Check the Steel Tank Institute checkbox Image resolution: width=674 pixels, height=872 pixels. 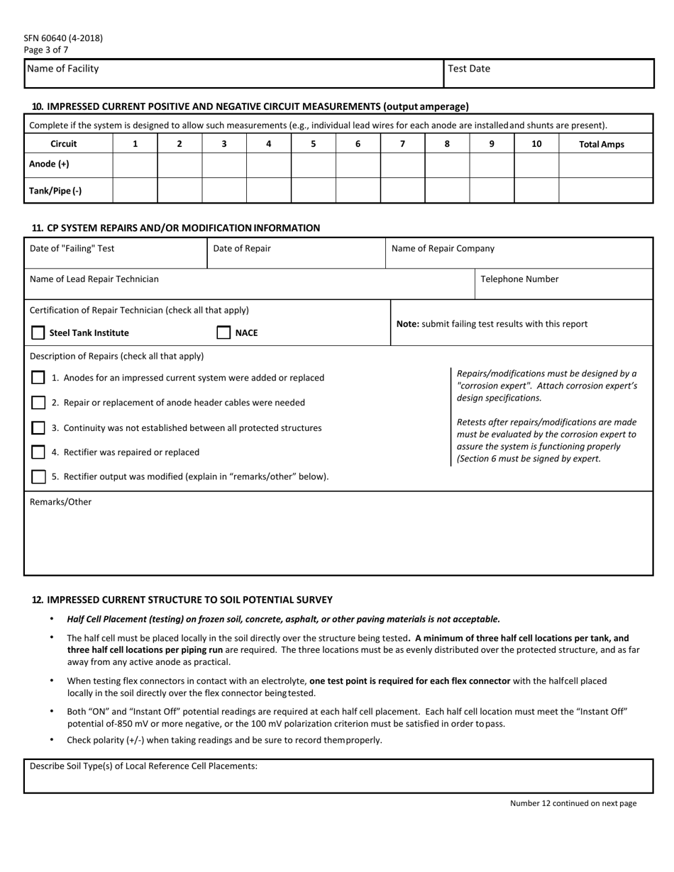click(38, 332)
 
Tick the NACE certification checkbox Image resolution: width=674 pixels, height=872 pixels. click(223, 332)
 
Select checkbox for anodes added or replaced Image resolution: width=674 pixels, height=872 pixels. click(38, 378)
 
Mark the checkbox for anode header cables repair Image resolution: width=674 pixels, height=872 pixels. click(38, 403)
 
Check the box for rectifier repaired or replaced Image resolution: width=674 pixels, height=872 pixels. click(38, 452)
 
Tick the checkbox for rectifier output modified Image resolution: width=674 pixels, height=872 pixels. click(38, 476)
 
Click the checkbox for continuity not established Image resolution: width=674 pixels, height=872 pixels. click(38, 428)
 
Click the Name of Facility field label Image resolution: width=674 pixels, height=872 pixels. click(62, 69)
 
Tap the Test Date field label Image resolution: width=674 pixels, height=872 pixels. click(469, 69)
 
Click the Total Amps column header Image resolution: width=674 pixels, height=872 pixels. click(602, 144)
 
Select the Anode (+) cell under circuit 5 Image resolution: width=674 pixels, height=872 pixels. click(313, 164)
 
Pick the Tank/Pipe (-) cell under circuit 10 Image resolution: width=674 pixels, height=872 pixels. click(536, 191)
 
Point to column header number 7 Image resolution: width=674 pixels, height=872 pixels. click(402, 144)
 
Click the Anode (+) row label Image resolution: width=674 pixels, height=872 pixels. click(49, 164)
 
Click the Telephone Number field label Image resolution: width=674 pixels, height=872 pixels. click(519, 279)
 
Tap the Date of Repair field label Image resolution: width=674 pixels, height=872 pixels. click(241, 249)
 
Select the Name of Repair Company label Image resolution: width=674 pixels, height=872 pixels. click(443, 249)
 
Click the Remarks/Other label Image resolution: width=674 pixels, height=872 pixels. click(60, 502)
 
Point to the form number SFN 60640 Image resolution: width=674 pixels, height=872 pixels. click(63, 38)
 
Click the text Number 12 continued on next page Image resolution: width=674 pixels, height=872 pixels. click(573, 803)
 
